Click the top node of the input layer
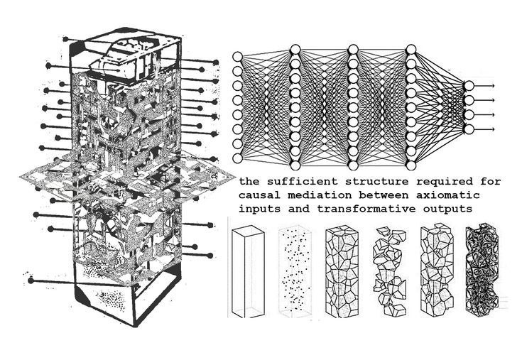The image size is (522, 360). point(238,57)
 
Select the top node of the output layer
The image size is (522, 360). point(468,86)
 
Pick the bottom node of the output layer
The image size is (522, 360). point(468,129)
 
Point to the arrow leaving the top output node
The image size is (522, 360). point(485,86)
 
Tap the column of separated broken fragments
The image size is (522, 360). point(388,273)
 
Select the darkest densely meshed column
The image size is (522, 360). point(483,273)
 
